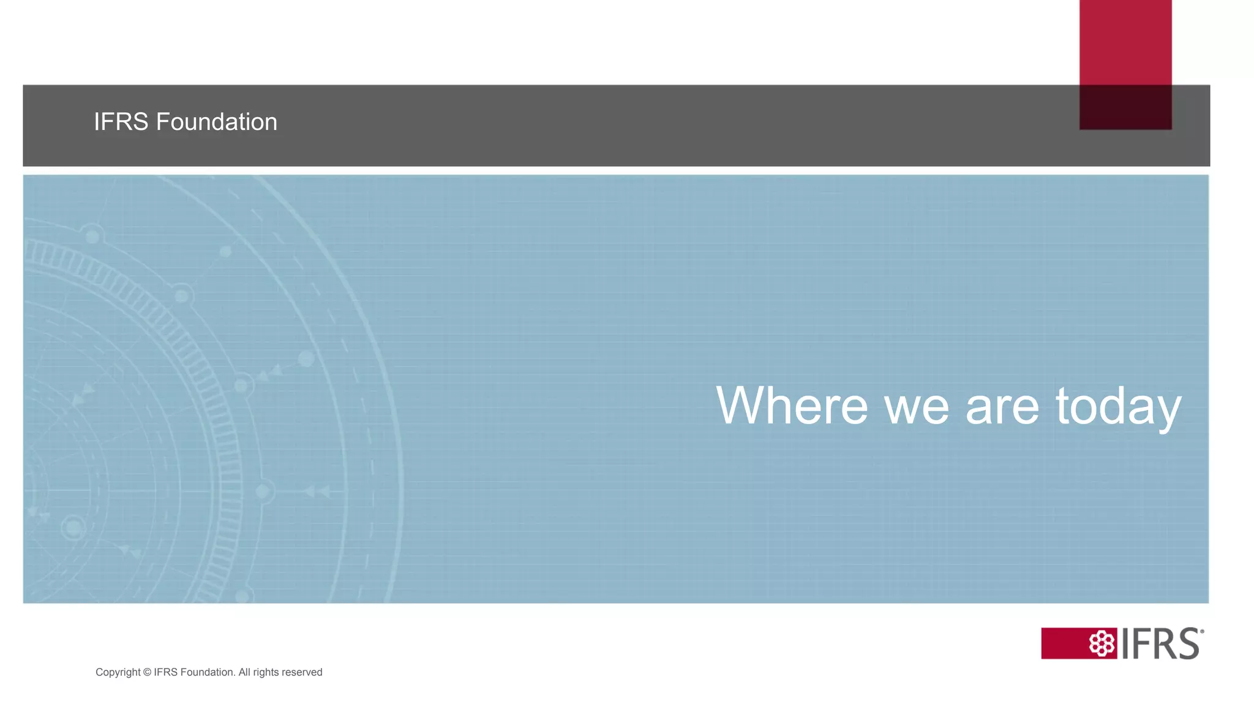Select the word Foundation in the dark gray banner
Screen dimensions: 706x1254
tap(216, 122)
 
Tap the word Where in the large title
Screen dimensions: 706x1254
tap(792, 406)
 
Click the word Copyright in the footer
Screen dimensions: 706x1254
tap(118, 672)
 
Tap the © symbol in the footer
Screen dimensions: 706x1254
tap(147, 672)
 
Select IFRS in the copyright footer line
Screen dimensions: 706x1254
tap(165, 672)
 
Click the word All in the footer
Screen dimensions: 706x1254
tap(244, 672)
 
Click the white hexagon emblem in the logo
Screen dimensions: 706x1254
tap(1102, 643)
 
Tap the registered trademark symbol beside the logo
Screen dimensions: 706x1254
tap(1202, 631)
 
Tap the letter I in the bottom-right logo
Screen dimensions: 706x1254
tap(1125, 643)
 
